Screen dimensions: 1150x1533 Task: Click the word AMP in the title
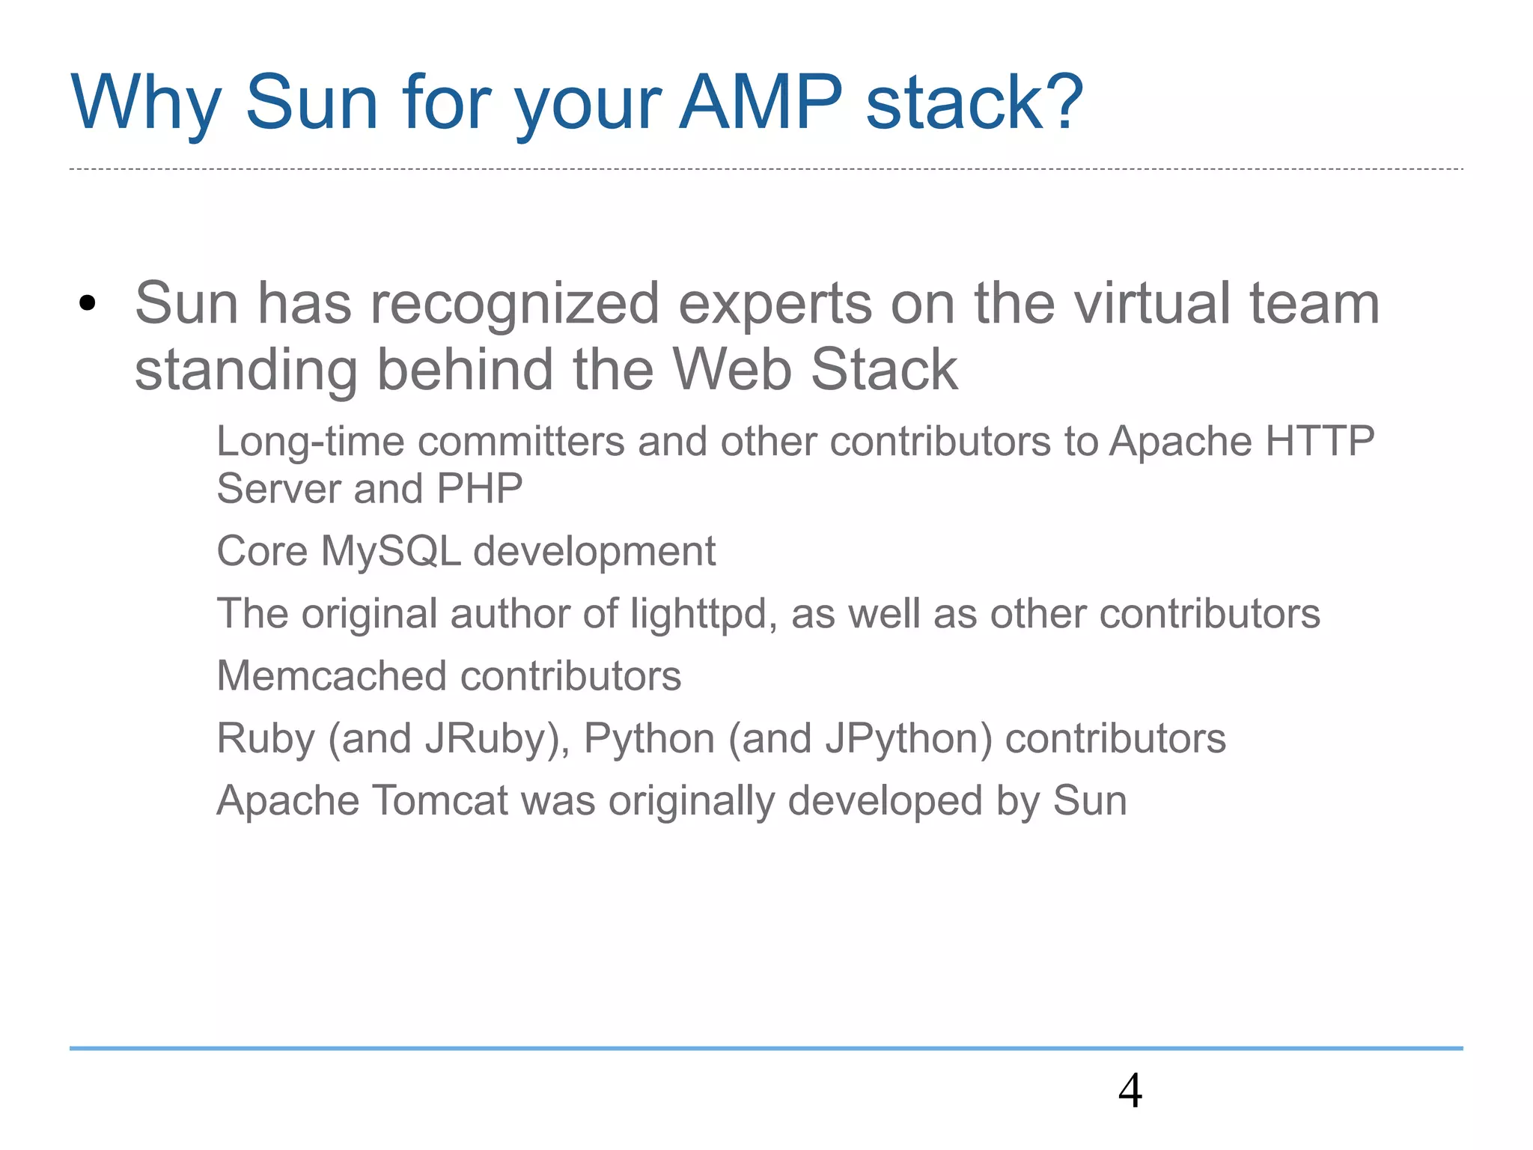click(761, 103)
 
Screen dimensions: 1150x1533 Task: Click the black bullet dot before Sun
click(88, 304)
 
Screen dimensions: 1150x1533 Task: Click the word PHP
click(479, 489)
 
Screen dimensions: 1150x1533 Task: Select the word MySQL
click(391, 552)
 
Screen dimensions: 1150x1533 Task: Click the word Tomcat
click(440, 800)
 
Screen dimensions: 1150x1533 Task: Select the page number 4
click(1130, 1091)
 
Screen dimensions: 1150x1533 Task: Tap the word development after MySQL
click(594, 552)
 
